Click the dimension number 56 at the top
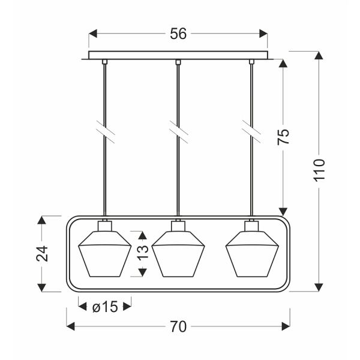[178, 34]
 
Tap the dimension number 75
[283, 137]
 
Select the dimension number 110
[319, 170]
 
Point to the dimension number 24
[42, 253]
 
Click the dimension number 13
[143, 252]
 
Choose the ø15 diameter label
[105, 307]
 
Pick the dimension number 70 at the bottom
[178, 326]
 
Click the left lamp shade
[105, 254]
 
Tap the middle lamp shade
[178, 254]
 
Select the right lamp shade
[252, 254]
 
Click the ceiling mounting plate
[178, 55]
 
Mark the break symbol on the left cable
[106, 132]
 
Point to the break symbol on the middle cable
[179, 132]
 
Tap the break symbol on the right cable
[251, 132]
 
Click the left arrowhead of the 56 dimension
[93, 34]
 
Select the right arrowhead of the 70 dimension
[286, 326]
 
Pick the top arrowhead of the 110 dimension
[319, 56]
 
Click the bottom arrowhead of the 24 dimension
[41, 287]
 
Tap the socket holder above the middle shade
[178, 226]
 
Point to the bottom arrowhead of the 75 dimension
[283, 211]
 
